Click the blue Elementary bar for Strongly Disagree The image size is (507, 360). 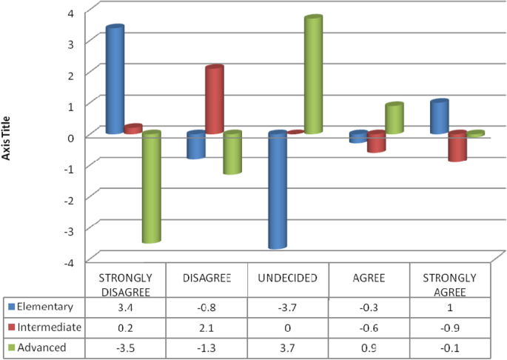point(115,80)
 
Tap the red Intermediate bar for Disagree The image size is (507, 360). point(214,100)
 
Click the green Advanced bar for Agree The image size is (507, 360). point(394,119)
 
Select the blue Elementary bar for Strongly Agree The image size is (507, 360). point(439,117)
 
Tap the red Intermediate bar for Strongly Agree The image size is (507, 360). point(457,146)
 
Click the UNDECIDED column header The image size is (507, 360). point(288,278)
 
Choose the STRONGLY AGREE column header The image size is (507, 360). point(450,284)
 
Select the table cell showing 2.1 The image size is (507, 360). point(207,327)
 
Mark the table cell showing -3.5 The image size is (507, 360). point(125,347)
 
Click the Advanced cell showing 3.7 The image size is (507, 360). point(288,347)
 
